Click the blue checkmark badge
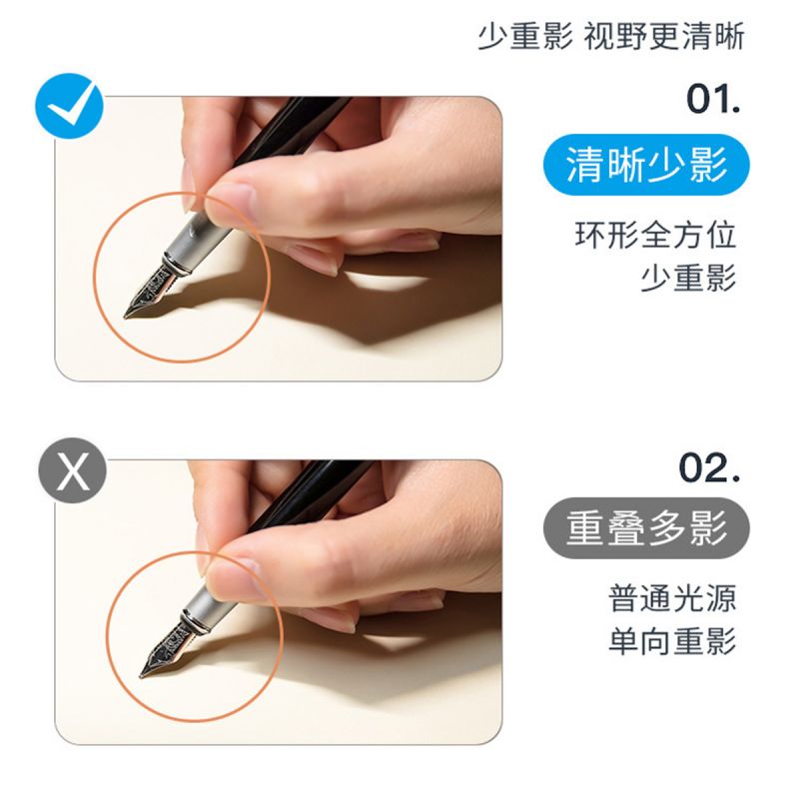coord(69,106)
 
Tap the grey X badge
coord(73,470)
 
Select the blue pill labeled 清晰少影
coord(646,165)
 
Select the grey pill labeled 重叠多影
coord(646,528)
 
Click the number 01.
coord(713,99)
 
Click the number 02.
coord(709,467)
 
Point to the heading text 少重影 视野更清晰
coord(611,36)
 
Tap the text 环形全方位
coord(655,235)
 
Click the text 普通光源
coord(672,597)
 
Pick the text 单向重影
coord(672,640)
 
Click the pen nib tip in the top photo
coord(126,317)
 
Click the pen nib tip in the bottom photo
coord(142,676)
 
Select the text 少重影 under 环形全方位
coord(688,278)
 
